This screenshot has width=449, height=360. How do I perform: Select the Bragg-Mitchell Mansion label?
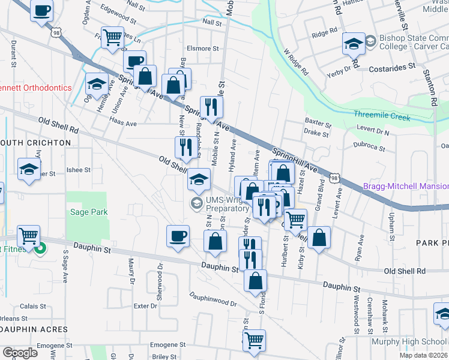(406, 187)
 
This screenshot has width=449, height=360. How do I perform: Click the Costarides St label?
(393, 69)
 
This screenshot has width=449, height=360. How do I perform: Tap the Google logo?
(20, 353)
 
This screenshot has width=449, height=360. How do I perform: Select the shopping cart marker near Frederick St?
(112, 36)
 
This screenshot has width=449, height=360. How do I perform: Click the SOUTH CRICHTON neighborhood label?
(36, 143)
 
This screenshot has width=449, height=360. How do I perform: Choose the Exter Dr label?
(145, 306)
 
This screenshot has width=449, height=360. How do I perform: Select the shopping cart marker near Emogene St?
(254, 340)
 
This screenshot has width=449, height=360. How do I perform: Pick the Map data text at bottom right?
(423, 355)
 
